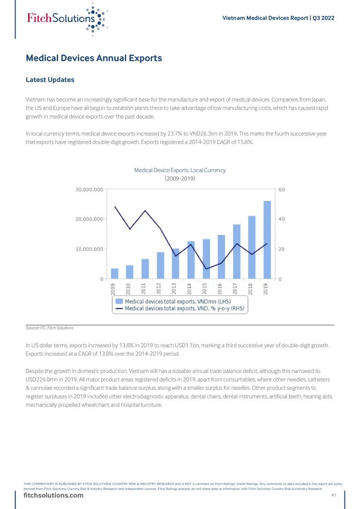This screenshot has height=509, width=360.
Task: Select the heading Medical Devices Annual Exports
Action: click(x=94, y=59)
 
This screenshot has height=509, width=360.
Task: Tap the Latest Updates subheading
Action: click(x=50, y=80)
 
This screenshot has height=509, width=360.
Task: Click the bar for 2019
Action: click(x=267, y=240)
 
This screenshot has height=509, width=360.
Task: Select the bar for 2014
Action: click(x=191, y=260)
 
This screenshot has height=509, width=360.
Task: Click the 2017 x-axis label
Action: click(x=236, y=289)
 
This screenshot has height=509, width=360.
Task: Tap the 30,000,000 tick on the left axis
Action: click(x=90, y=190)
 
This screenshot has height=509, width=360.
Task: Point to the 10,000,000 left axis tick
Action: click(x=90, y=249)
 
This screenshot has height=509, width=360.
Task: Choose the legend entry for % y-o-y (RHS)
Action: click(x=184, y=308)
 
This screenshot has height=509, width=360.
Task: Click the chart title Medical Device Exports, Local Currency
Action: click(x=180, y=170)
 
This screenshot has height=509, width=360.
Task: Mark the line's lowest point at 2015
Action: click(x=206, y=269)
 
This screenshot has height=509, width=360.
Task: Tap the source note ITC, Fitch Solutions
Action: click(x=50, y=328)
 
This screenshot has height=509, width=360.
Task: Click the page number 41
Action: click(x=334, y=495)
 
